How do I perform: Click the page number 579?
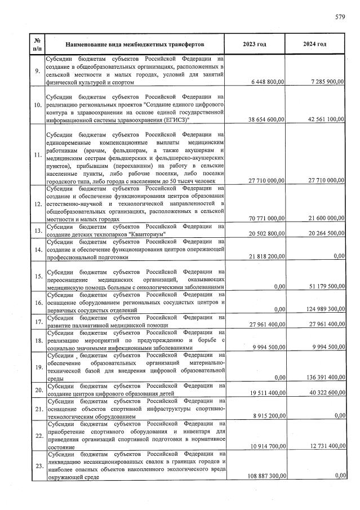click(x=340, y=17)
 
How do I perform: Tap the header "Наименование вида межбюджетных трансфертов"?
click(x=134, y=44)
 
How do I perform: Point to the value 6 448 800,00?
click(x=266, y=82)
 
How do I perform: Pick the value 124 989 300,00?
click(x=322, y=309)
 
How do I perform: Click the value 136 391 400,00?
click(x=322, y=377)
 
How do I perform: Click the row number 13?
click(x=37, y=231)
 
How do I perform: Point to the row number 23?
click(x=37, y=465)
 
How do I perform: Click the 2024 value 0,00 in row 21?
click(x=339, y=415)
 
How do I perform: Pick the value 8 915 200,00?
click(x=268, y=415)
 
